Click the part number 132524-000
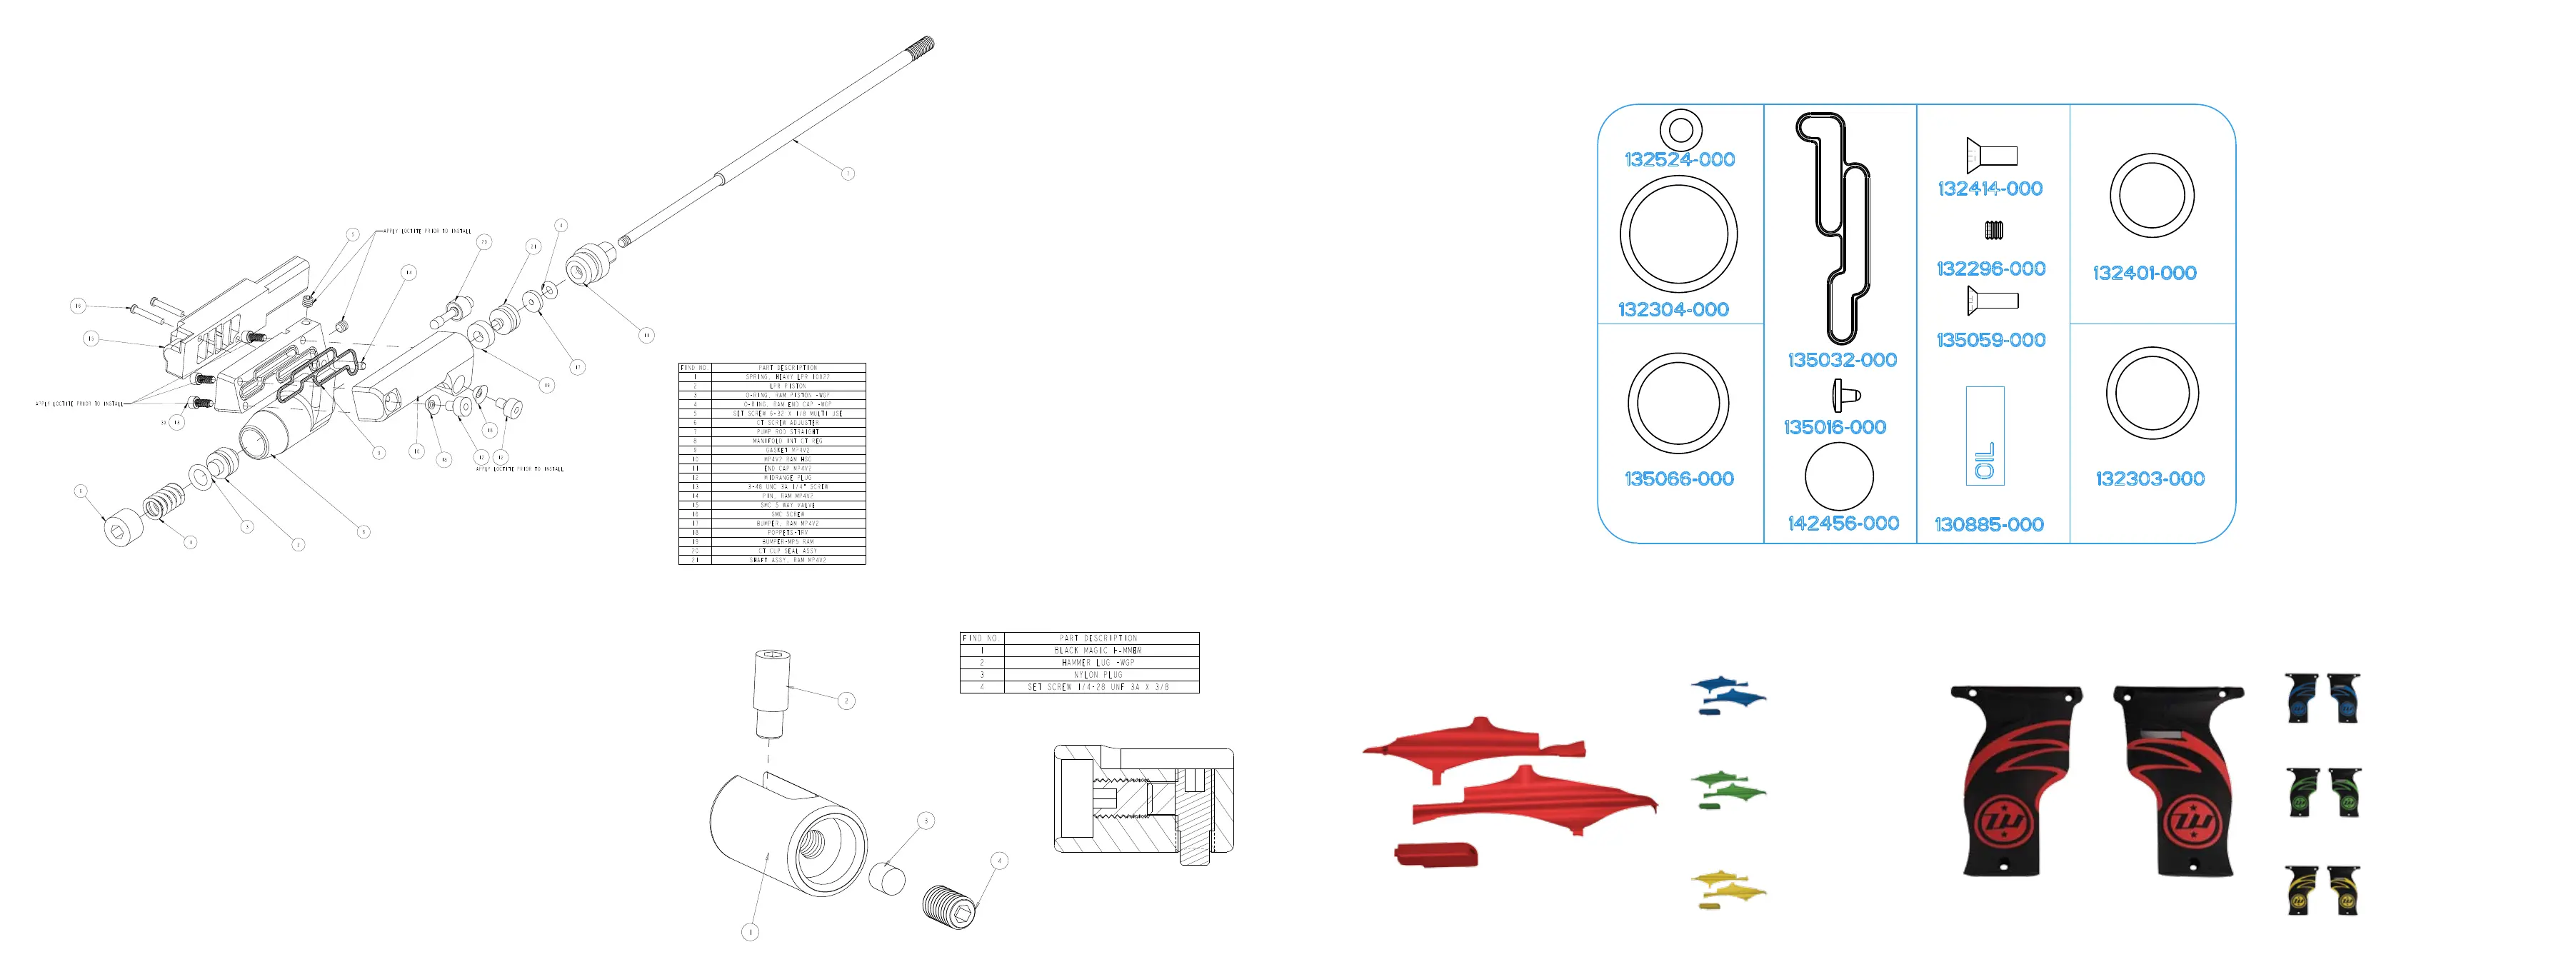coord(1679,160)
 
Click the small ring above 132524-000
coord(1680,129)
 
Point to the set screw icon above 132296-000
coord(1993,231)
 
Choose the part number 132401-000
coord(2144,274)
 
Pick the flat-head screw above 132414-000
coord(1991,155)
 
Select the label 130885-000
coord(1988,525)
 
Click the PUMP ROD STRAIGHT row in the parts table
coord(788,432)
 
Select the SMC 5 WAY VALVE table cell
coord(788,506)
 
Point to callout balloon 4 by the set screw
coord(999,861)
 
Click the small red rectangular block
coord(1435,854)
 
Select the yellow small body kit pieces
coord(1728,889)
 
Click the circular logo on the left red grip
coord(2002,824)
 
